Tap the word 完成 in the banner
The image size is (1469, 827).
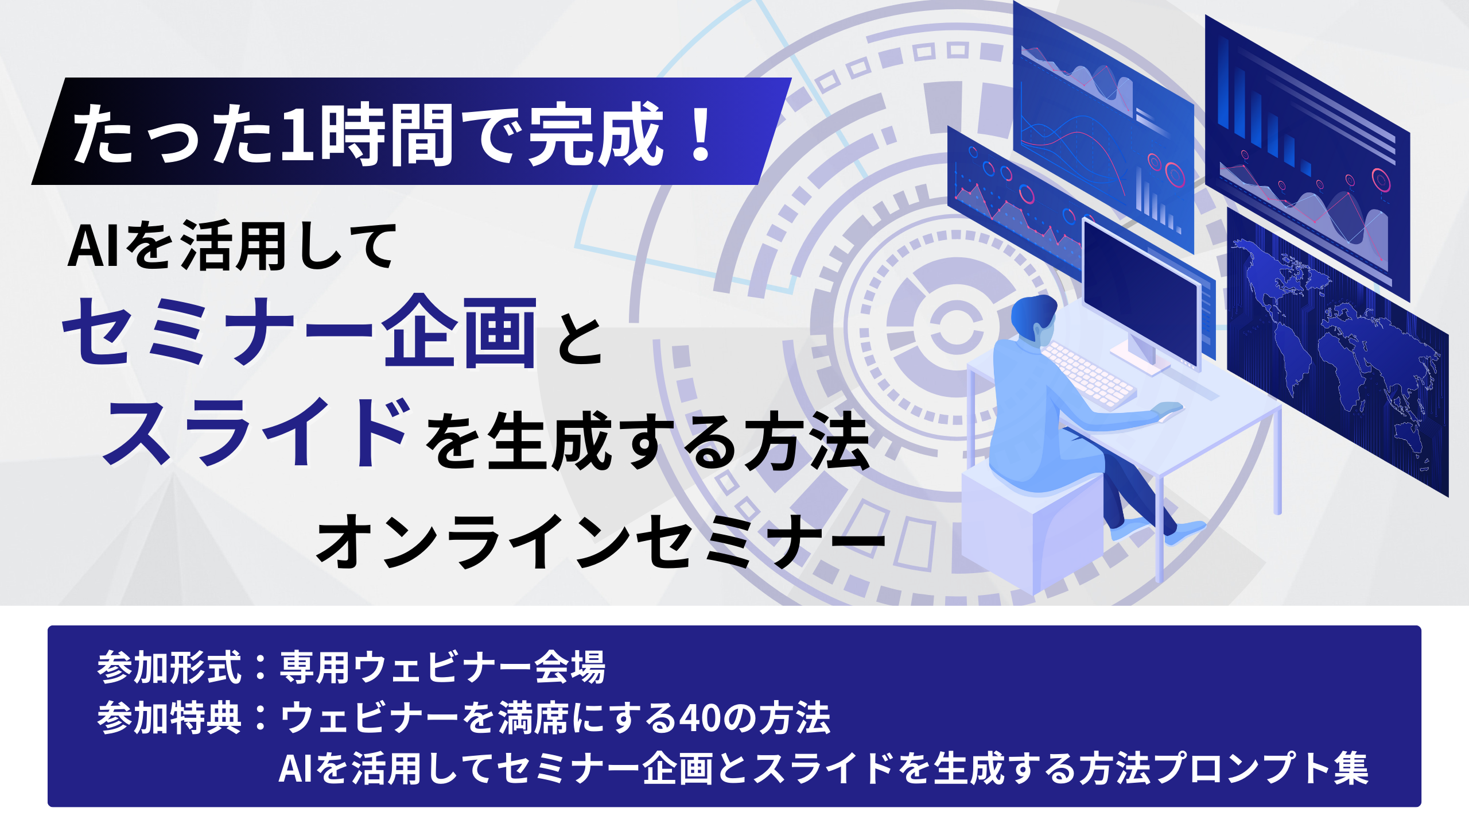click(x=596, y=134)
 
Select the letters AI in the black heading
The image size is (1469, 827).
click(x=95, y=247)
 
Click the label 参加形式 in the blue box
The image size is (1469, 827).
click(x=169, y=667)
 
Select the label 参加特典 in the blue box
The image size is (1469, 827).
click(x=169, y=718)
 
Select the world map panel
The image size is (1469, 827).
click(x=1337, y=350)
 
